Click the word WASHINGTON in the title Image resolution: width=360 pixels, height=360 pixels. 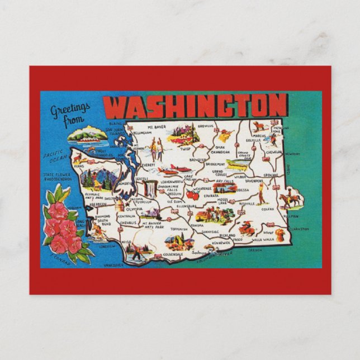(x=196, y=106)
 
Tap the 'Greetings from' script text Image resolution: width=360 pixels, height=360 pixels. (x=70, y=114)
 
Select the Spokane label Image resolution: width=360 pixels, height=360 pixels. (x=271, y=175)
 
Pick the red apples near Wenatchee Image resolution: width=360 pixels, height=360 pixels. (x=193, y=194)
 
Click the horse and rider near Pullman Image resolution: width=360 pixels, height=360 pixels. (x=291, y=198)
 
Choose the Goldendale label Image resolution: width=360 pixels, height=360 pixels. (x=175, y=254)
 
